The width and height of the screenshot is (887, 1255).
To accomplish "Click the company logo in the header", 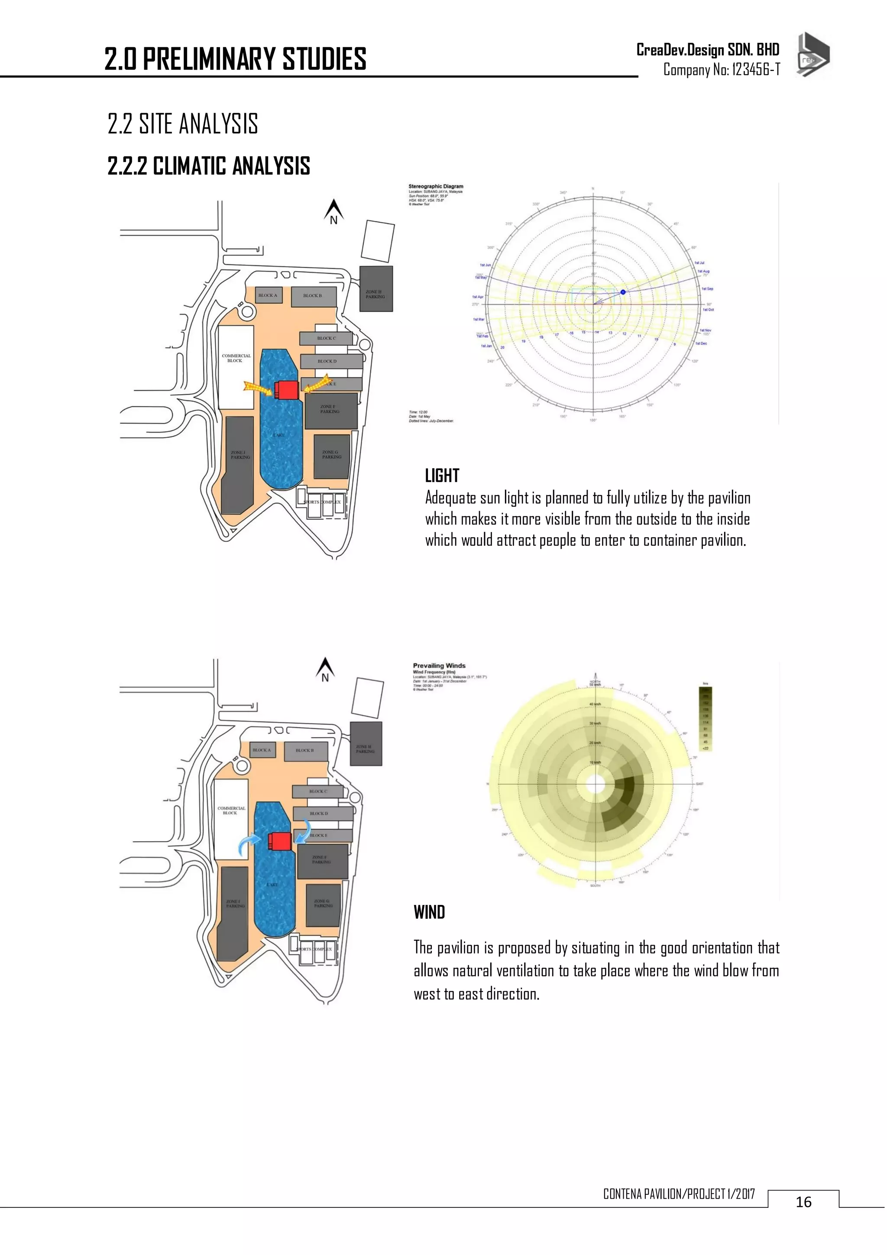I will (x=813, y=55).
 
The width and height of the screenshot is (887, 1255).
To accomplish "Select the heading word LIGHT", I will (x=442, y=476).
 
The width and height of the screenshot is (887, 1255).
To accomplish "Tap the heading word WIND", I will (x=429, y=912).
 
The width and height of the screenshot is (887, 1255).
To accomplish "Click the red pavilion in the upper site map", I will (x=286, y=390).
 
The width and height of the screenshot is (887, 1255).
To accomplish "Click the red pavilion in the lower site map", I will (x=279, y=841).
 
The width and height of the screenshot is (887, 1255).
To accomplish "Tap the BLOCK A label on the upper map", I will (x=268, y=295).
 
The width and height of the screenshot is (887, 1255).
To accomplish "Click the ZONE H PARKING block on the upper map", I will (x=376, y=289).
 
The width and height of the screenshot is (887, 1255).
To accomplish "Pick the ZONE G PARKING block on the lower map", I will (x=322, y=905).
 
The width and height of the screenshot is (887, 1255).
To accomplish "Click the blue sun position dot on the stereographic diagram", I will (x=622, y=292).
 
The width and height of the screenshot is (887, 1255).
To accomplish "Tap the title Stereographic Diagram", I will (x=436, y=186).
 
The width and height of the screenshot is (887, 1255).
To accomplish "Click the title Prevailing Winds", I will (x=439, y=666).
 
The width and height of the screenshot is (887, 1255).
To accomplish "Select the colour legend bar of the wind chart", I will (x=705, y=719).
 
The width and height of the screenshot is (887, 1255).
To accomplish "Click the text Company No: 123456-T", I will (x=722, y=69).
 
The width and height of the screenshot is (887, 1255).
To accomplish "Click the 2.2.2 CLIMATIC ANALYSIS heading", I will (x=209, y=165).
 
